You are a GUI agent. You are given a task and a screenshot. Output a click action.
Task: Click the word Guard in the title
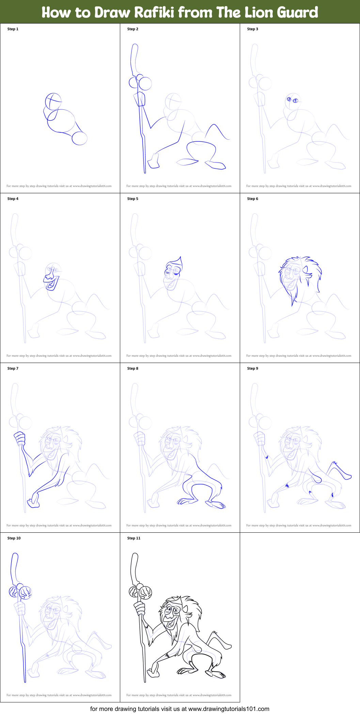297,12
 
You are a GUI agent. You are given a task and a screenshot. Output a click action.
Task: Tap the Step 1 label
13,29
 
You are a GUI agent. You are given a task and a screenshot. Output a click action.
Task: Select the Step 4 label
13,199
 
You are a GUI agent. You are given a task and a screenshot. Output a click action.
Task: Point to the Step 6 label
253,199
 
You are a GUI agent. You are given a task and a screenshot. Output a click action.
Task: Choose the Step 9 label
253,368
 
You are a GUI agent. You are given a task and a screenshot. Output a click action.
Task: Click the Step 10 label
14,538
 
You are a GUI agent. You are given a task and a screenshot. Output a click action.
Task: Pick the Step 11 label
134,538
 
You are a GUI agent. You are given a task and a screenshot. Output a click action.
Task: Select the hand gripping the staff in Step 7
20,438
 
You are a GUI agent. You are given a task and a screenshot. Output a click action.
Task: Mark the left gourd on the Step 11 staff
134,592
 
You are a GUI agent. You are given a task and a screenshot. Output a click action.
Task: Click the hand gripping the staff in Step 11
139,609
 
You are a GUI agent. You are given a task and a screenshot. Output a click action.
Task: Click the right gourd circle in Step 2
145,83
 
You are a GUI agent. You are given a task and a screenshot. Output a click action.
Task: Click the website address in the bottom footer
229,709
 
